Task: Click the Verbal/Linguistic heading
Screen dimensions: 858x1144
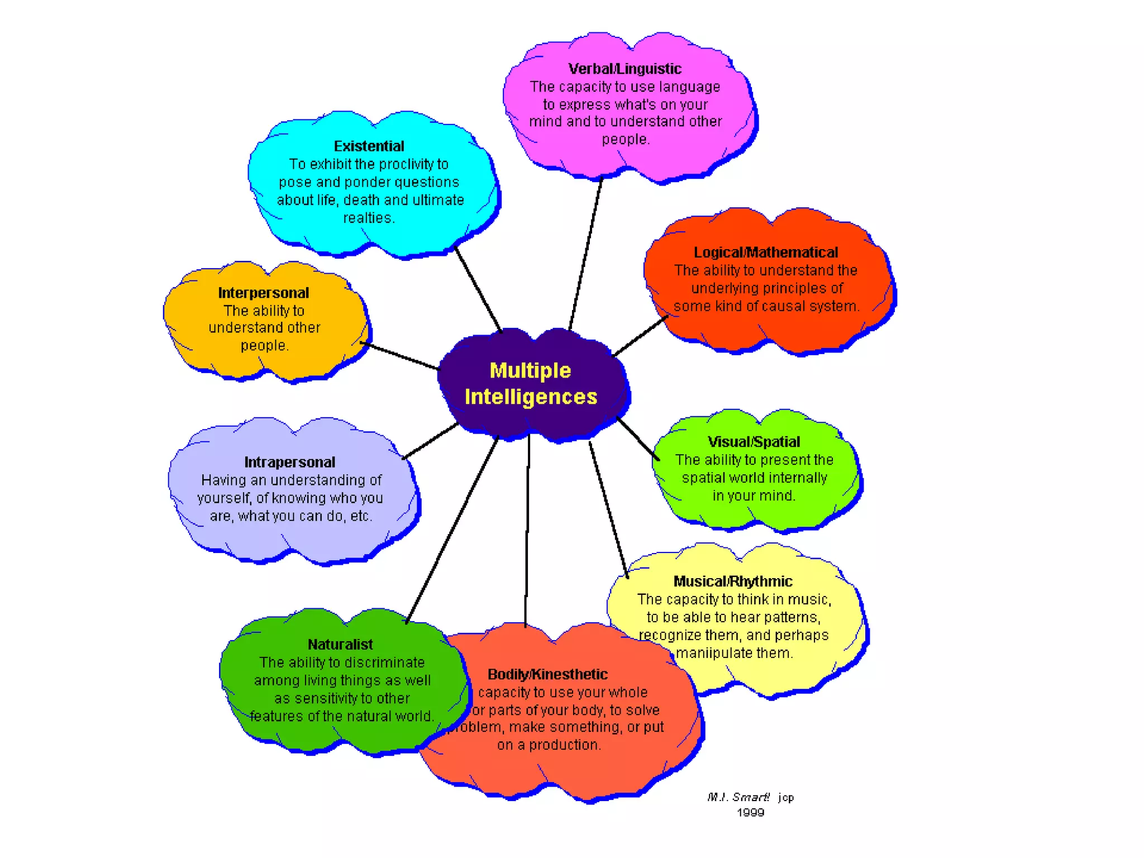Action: [625, 69]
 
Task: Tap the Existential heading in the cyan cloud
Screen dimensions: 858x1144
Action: [369, 146]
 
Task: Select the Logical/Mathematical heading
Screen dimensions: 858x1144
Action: [765, 252]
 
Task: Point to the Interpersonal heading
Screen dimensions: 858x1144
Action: [263, 293]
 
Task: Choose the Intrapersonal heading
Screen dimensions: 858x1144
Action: [289, 462]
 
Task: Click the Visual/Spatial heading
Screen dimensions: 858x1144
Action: [754, 442]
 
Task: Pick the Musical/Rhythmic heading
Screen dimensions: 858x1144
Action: [732, 581]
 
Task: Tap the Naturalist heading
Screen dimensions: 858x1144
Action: [340, 645]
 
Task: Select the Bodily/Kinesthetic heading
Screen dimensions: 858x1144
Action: [547, 674]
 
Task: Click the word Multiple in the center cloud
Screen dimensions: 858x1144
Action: [530, 370]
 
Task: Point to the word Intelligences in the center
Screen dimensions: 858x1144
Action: [531, 397]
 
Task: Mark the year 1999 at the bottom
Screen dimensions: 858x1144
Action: [750, 813]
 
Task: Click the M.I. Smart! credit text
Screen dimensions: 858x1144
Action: [738, 797]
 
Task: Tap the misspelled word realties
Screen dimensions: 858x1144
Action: [368, 218]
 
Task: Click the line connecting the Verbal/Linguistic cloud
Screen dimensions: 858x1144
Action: [585, 254]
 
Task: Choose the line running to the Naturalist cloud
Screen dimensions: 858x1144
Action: [452, 528]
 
